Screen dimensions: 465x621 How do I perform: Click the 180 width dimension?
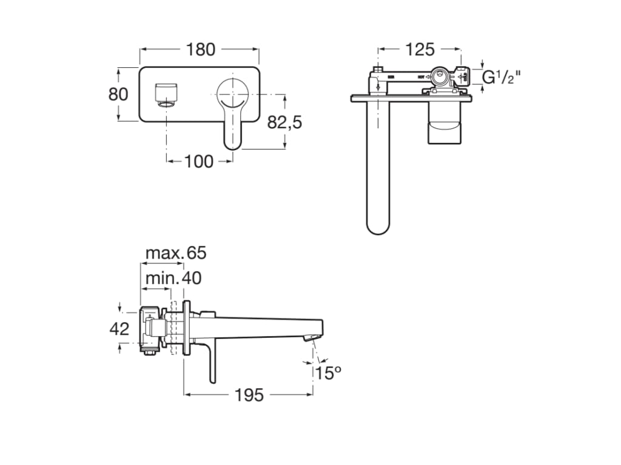click(201, 50)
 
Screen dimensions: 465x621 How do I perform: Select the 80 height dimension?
click(118, 94)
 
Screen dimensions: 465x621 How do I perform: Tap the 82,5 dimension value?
click(284, 122)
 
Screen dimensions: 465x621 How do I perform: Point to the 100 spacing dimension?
click(199, 161)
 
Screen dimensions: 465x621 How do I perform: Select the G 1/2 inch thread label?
click(501, 77)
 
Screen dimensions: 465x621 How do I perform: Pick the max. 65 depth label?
click(176, 253)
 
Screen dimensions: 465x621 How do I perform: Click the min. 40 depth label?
click(173, 278)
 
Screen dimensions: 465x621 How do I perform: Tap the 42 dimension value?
click(119, 329)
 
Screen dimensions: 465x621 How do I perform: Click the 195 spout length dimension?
click(249, 395)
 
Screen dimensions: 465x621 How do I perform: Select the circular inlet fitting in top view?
click(440, 77)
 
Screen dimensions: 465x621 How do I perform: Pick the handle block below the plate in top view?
click(449, 124)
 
